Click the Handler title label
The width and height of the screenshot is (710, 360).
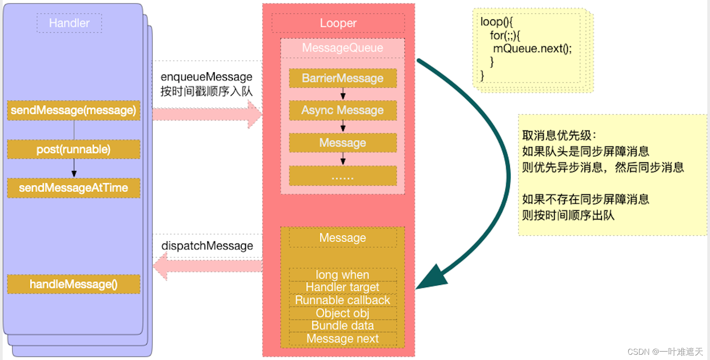69,23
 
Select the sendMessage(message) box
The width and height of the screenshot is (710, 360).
74,110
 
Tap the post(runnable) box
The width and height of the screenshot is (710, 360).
74,150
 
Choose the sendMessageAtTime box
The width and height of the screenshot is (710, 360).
74,188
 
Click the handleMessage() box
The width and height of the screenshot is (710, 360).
74,284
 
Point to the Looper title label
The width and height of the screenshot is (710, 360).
338,23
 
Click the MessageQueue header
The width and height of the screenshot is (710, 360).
342,48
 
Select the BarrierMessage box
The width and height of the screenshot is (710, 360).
343,78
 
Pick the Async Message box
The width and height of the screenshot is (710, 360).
343,110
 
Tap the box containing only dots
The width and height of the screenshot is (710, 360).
343,176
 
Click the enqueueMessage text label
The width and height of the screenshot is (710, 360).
206,77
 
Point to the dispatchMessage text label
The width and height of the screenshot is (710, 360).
207,246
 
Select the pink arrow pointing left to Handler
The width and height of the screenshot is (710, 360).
207,266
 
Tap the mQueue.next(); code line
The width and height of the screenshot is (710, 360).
532,49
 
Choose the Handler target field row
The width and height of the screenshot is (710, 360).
343,287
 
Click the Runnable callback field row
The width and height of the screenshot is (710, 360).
343,300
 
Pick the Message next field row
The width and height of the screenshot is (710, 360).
343,338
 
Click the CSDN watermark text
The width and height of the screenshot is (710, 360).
665,352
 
